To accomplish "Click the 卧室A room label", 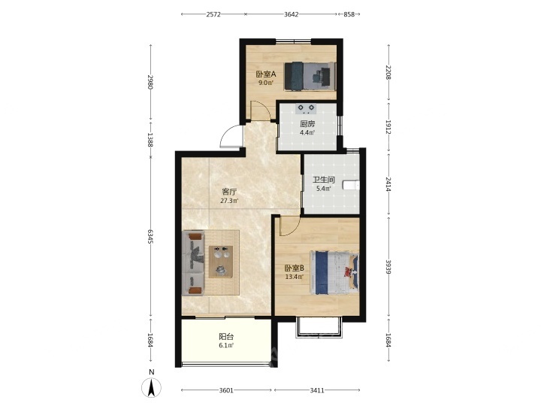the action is coord(266,74).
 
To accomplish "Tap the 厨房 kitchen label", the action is coord(307,123).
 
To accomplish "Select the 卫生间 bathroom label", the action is coord(324,180).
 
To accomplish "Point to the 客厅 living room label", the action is coord(229,192).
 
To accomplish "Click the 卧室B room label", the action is coord(294,268).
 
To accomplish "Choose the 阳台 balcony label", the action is coord(226,336).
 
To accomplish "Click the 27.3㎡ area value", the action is coord(229,201).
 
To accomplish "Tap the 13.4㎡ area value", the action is coord(294,277).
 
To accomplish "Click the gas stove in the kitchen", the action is coord(307,109).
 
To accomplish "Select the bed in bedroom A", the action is coord(310,76).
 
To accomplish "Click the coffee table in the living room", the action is coord(221,262).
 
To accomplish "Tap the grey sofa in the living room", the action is coord(193,263).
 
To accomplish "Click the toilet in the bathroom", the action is coord(351,186).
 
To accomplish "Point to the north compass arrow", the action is coord(151,388).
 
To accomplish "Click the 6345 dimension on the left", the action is coord(150,237).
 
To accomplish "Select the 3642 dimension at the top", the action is coord(292,14).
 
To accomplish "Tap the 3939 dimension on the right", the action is coord(388,267).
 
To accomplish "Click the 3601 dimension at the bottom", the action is coord(226,390).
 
